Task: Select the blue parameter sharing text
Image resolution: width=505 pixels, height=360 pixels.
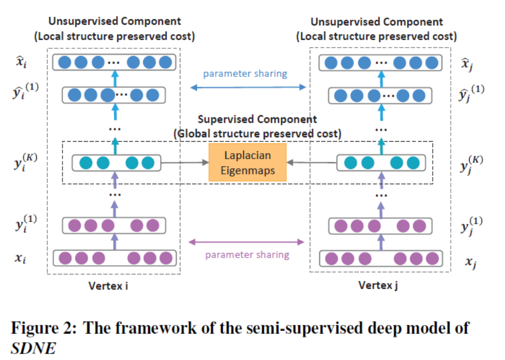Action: pyautogui.click(x=245, y=74)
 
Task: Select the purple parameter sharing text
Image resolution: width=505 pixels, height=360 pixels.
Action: pyautogui.click(x=247, y=255)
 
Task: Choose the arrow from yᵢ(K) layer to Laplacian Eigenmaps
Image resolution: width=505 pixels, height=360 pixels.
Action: pyautogui.click(x=185, y=163)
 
